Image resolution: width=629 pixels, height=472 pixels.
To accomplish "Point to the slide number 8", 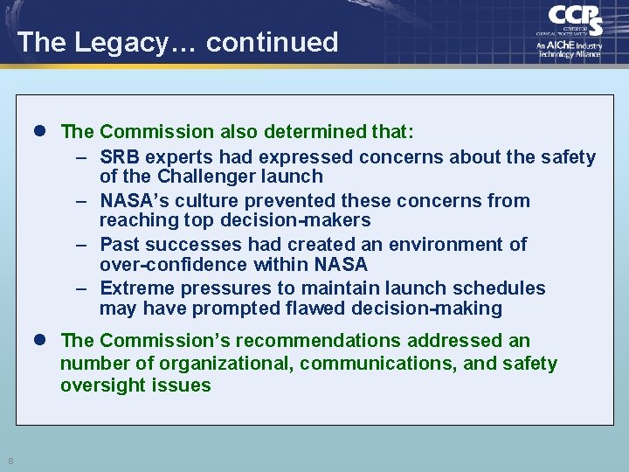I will point(10,461).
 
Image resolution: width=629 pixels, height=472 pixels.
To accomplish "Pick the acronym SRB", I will point(120,157).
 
